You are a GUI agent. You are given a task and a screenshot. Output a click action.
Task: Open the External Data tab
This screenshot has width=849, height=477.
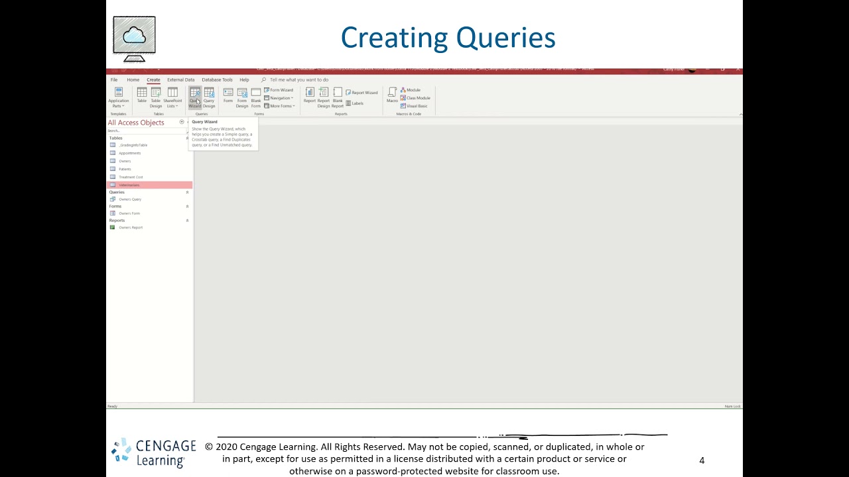(x=180, y=79)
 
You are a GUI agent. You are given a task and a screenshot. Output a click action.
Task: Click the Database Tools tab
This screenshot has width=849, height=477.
(x=217, y=79)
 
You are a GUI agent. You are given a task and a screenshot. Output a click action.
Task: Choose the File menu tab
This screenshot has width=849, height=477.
(x=114, y=79)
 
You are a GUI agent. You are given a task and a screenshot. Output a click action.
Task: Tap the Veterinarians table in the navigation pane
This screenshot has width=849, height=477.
(x=129, y=185)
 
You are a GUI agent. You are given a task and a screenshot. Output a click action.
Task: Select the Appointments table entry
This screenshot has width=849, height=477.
(x=129, y=153)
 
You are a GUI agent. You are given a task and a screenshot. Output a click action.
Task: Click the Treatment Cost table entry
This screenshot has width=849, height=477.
(x=131, y=177)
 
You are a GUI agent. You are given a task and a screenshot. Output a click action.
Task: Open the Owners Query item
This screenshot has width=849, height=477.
(x=130, y=199)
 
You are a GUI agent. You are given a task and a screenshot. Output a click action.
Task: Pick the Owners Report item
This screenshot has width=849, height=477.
(x=131, y=227)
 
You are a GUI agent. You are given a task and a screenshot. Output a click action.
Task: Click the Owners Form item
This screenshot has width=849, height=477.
(x=129, y=213)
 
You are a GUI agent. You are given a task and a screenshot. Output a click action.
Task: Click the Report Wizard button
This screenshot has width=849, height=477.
(x=361, y=93)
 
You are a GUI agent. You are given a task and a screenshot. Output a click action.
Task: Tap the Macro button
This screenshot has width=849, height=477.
(x=392, y=96)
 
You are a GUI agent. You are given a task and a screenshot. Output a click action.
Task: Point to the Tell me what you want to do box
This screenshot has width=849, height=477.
(x=298, y=79)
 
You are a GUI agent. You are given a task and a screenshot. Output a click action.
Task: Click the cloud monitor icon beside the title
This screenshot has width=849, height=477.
(x=134, y=38)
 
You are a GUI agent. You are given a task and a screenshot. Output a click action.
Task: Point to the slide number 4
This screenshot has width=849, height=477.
(x=702, y=460)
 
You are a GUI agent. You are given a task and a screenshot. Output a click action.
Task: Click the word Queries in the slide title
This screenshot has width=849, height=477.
(x=504, y=38)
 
